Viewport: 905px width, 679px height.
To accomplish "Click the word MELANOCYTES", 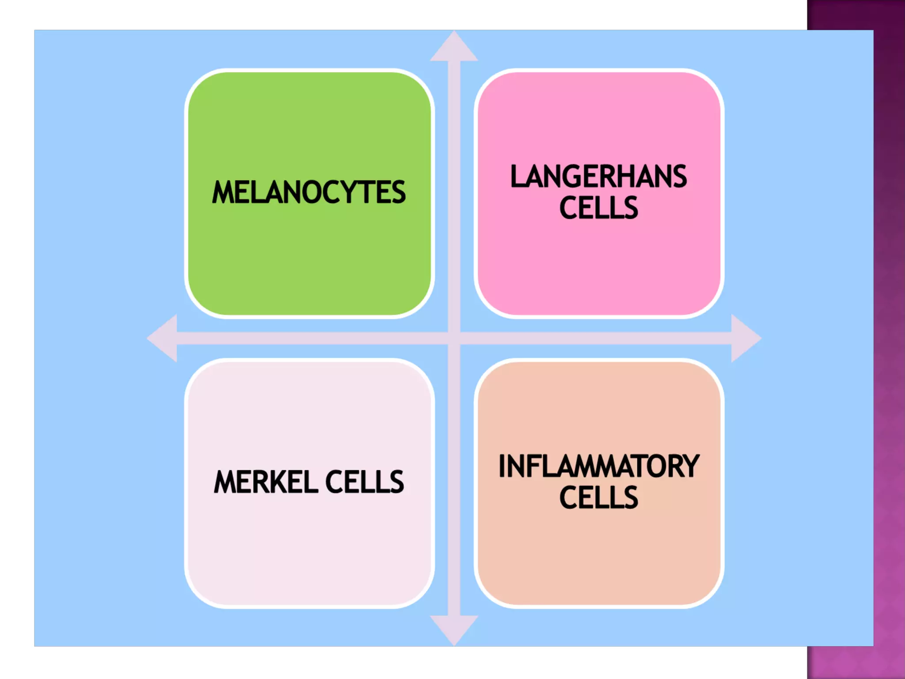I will point(309,192).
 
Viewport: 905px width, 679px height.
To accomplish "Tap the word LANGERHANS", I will point(599,177).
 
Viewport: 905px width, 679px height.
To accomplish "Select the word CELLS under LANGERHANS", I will point(599,208).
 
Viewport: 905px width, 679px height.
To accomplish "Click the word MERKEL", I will point(265,482).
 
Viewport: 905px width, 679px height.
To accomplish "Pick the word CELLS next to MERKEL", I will point(365,482).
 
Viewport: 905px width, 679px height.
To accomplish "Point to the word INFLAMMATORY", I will point(599,466).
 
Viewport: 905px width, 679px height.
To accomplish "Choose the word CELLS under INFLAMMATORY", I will point(599,498).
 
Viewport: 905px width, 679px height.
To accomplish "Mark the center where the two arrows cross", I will point(454,338).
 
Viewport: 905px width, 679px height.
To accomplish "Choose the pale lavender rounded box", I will point(309,553).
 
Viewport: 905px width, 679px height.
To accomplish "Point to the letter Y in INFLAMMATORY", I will point(691,466).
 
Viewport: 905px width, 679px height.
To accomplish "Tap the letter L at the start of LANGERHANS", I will point(517,177).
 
